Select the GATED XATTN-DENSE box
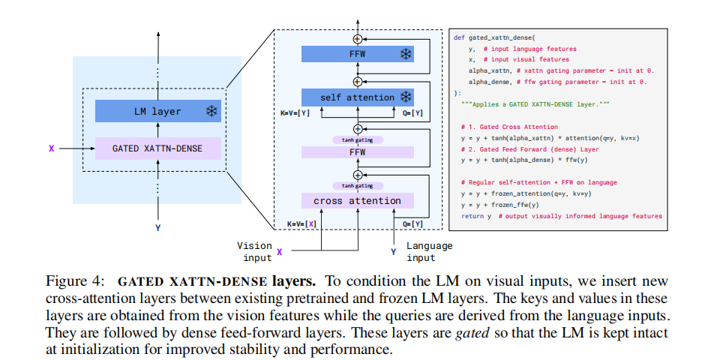pos(158,148)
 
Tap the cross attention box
pos(357,200)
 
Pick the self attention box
pos(357,97)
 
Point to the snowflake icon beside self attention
pos(406,97)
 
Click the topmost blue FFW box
pos(357,53)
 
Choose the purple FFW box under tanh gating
pos(357,151)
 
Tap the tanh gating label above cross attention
pos(357,185)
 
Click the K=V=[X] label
pos(302,223)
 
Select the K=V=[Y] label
pos(295,113)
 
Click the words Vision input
pos(254,251)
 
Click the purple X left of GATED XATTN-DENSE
pos(51,148)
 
